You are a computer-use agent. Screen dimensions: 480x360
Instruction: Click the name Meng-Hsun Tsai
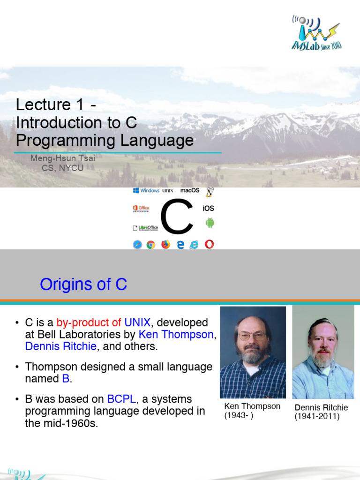click(62, 158)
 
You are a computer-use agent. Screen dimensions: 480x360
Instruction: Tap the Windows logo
click(136, 190)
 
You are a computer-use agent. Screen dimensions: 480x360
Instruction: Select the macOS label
click(190, 190)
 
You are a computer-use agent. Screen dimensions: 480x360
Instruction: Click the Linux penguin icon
click(210, 192)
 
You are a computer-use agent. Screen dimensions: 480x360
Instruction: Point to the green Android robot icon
click(210, 223)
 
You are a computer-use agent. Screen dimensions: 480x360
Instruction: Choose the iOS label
click(208, 208)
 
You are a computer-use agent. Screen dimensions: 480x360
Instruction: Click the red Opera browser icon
click(209, 244)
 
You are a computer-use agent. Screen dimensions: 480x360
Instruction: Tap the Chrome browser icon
click(150, 244)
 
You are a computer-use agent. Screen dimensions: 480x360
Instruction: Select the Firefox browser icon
click(165, 244)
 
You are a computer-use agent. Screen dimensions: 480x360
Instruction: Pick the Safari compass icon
click(137, 244)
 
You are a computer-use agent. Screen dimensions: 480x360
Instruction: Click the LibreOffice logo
click(145, 228)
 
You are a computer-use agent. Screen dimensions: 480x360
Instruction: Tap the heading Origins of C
click(83, 284)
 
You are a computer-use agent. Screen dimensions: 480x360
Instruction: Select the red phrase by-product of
click(89, 322)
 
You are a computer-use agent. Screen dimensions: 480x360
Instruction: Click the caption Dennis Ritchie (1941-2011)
click(321, 412)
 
